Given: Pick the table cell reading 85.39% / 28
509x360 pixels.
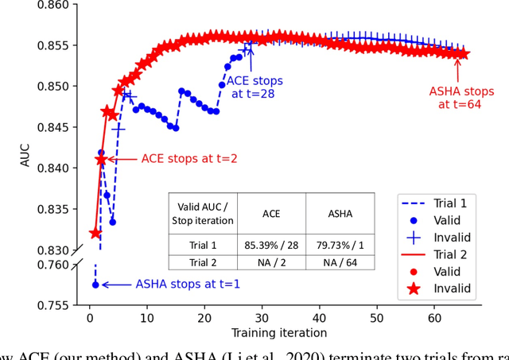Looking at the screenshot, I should [272, 246].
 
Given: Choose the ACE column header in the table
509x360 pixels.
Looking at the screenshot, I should [272, 214].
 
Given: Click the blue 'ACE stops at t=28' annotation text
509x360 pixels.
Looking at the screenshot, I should [254, 87].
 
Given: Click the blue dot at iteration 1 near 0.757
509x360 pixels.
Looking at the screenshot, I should [95, 284].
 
